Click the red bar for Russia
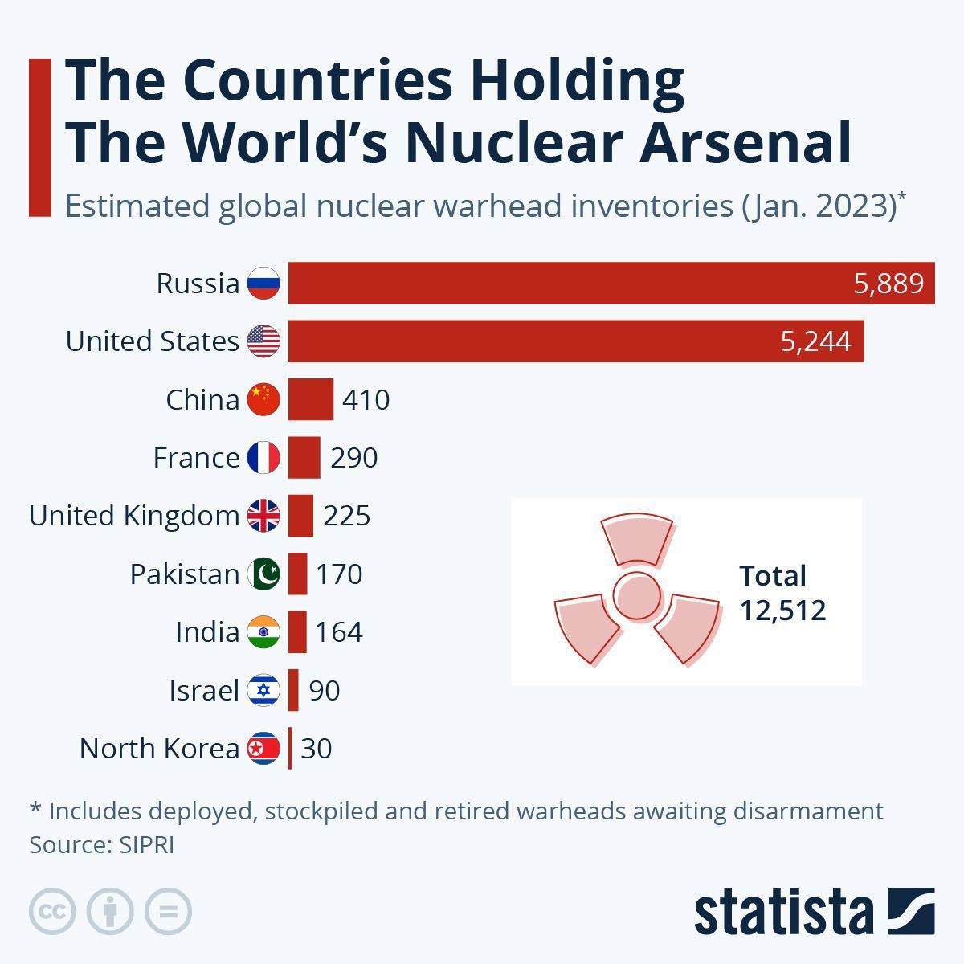tap(562, 283)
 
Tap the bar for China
tap(310, 399)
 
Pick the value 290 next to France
tap(353, 458)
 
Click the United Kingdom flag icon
tap(263, 515)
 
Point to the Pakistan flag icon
tap(263, 574)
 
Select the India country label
tap(206, 632)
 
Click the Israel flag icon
tap(263, 690)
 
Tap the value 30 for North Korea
tap(316, 749)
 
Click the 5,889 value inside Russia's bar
tap(888, 284)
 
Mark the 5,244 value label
tap(815, 341)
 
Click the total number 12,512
tap(782, 611)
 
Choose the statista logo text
tap(783, 912)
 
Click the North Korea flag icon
tap(263, 748)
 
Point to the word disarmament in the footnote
tap(807, 811)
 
